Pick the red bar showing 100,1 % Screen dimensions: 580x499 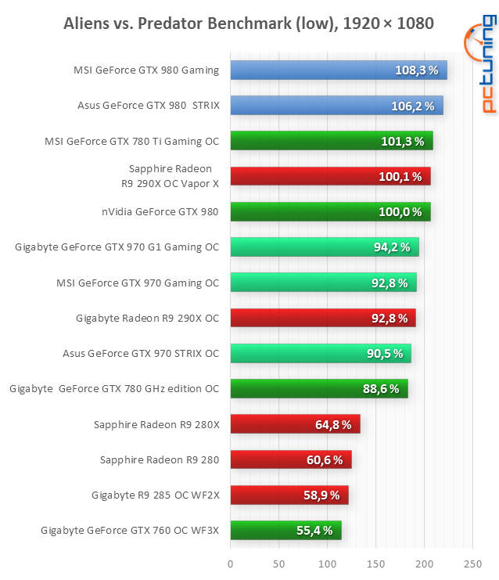tap(329, 176)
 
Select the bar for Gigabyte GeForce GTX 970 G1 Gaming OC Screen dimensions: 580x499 tap(324, 247)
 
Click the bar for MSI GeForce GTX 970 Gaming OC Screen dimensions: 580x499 tap(322, 283)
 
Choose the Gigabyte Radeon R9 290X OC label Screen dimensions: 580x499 tap(147, 318)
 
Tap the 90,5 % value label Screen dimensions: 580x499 tap(384, 354)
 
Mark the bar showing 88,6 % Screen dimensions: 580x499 tap(318, 388)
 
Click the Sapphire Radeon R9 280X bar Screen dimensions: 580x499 tap(295, 424)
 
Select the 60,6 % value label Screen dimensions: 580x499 tap(325, 459)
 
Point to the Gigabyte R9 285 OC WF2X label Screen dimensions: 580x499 tap(155, 495)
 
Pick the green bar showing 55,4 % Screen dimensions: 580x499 tap(285, 531)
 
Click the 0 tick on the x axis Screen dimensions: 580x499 tap(230, 564)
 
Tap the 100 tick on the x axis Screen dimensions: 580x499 tap(327, 564)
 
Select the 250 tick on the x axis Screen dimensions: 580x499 tap(472, 564)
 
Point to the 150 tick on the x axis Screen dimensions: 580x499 tap(375, 564)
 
